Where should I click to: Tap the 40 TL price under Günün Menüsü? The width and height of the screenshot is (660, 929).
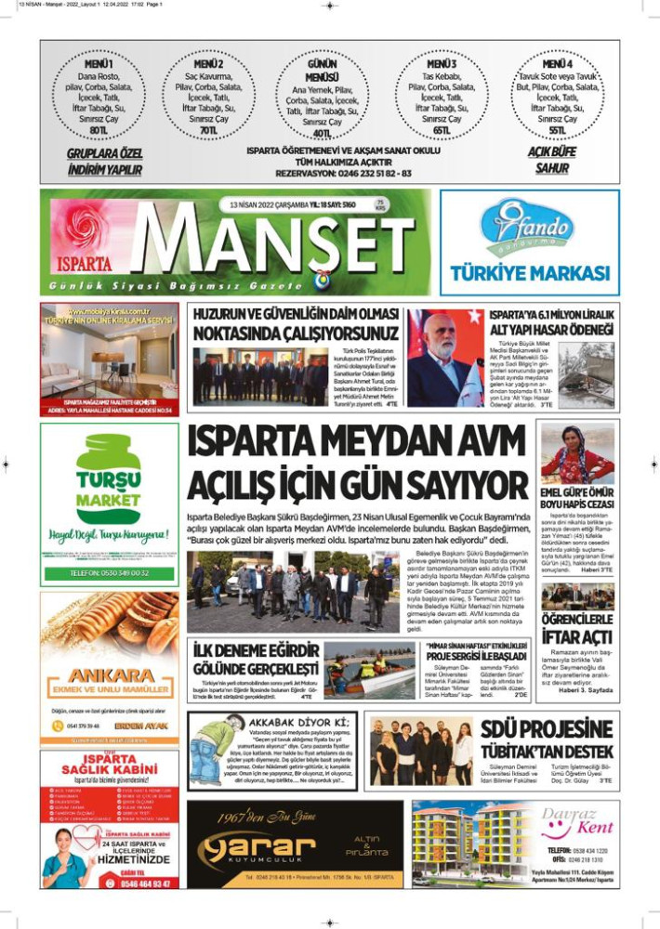[323, 133]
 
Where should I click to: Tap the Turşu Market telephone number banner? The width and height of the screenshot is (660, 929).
[110, 573]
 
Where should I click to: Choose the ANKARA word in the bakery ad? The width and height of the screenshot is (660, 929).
[110, 674]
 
